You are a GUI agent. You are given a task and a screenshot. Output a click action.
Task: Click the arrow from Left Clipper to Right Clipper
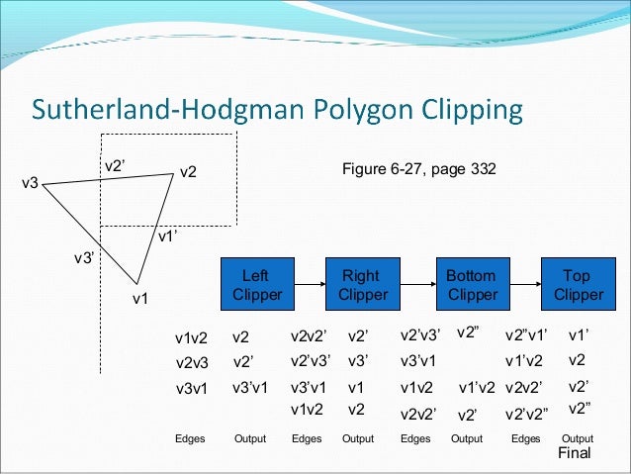309,284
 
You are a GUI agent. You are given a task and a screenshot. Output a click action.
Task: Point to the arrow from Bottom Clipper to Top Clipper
524,284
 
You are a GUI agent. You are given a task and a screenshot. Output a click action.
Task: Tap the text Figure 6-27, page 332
419,170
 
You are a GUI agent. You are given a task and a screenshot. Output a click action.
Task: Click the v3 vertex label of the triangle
30,184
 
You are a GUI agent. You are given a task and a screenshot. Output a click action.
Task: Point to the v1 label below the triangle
141,298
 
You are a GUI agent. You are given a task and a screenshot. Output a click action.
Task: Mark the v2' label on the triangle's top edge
114,166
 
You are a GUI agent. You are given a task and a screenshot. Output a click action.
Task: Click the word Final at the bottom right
574,453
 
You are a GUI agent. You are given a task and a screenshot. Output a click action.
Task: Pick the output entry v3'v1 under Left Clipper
251,387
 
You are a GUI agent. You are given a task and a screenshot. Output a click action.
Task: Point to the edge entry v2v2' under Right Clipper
310,336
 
